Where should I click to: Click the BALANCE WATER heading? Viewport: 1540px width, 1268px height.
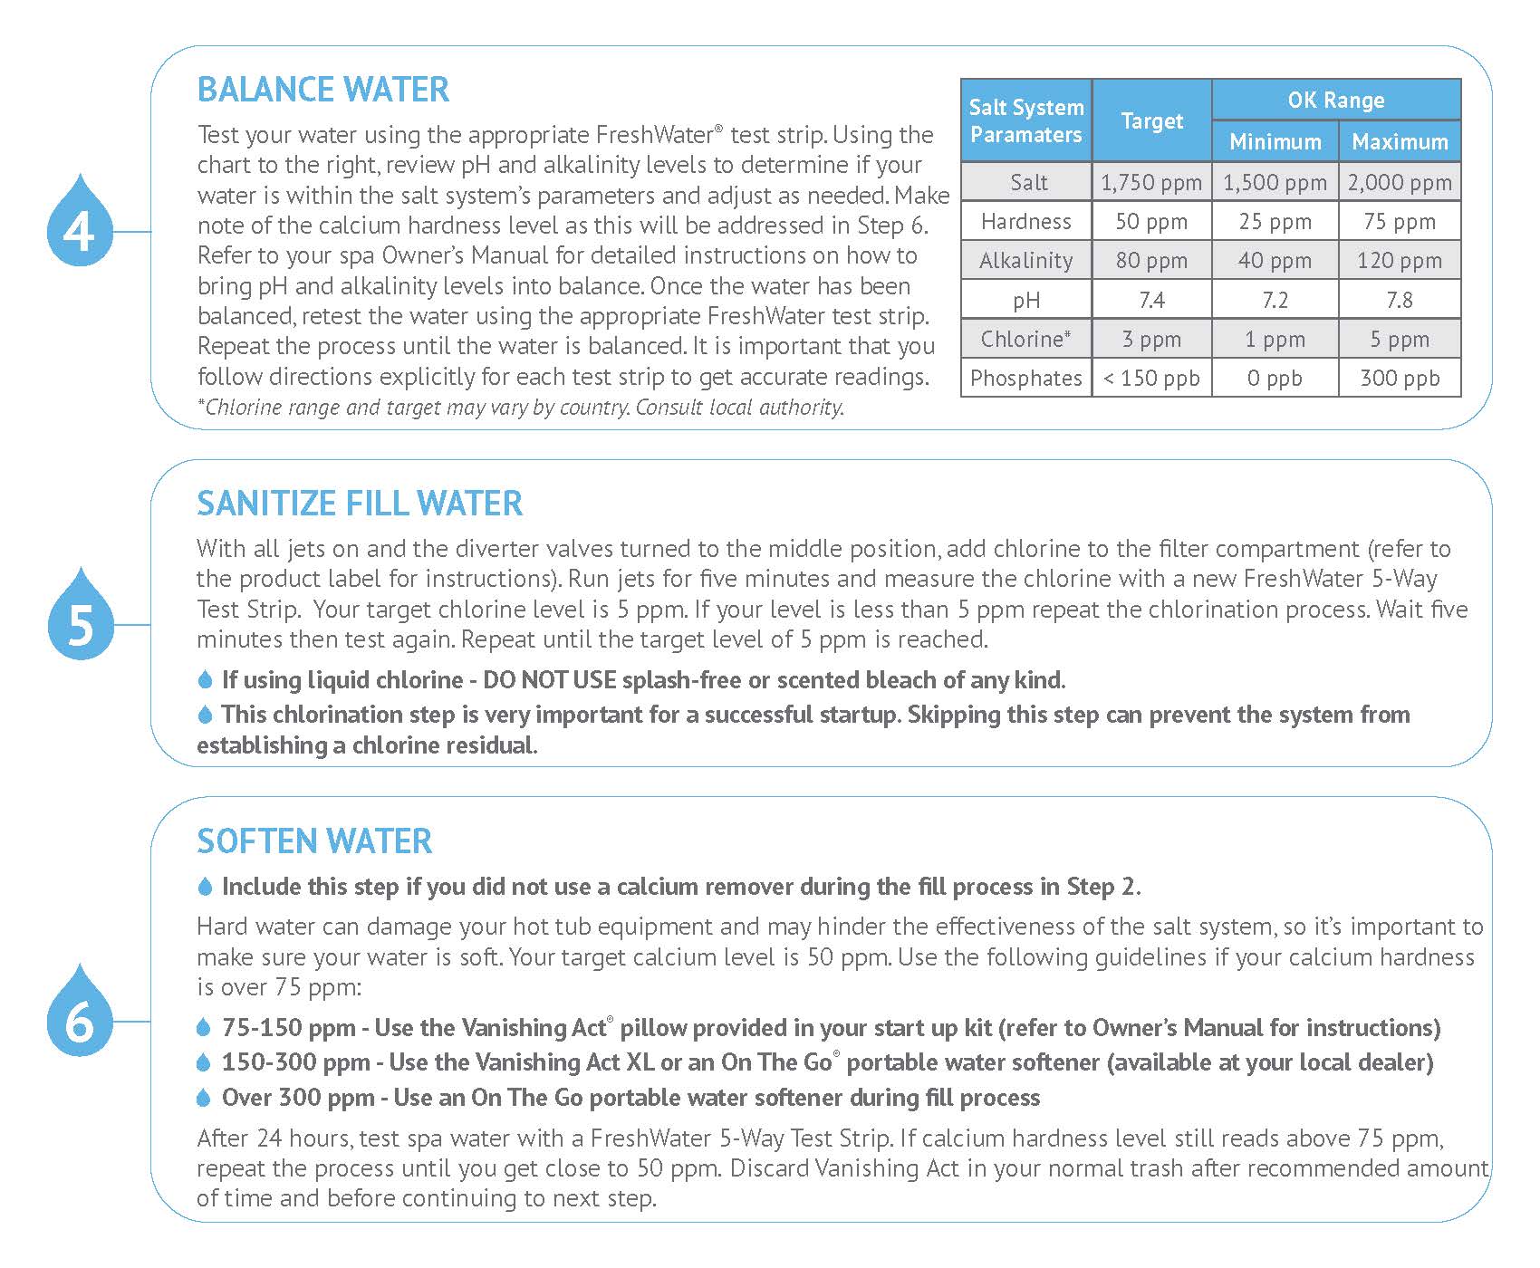(323, 90)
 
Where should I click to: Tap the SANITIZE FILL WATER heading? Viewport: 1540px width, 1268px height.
(360, 504)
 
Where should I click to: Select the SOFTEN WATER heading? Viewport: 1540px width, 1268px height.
(314, 841)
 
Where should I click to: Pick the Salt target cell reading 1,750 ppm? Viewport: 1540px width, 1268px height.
(1151, 183)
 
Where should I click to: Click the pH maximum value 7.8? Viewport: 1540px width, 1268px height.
(1400, 300)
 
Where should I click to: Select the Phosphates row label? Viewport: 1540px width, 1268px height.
(1025, 379)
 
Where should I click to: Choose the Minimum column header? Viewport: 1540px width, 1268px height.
(1275, 142)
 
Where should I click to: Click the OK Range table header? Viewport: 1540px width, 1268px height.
(1336, 100)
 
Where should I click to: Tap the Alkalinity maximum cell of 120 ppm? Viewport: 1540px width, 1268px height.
(1400, 261)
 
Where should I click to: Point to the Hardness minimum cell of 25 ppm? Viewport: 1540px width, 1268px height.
(1275, 222)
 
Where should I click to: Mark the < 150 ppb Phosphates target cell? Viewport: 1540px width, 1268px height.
(1151, 379)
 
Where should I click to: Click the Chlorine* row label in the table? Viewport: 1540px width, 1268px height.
(1025, 340)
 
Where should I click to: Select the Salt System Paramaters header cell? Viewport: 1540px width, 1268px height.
(1025, 120)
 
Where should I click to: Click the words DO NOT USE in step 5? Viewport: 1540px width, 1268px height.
(549, 680)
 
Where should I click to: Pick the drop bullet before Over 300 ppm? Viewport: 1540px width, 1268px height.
(204, 1099)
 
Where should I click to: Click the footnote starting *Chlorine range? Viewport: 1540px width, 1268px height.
(521, 408)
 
